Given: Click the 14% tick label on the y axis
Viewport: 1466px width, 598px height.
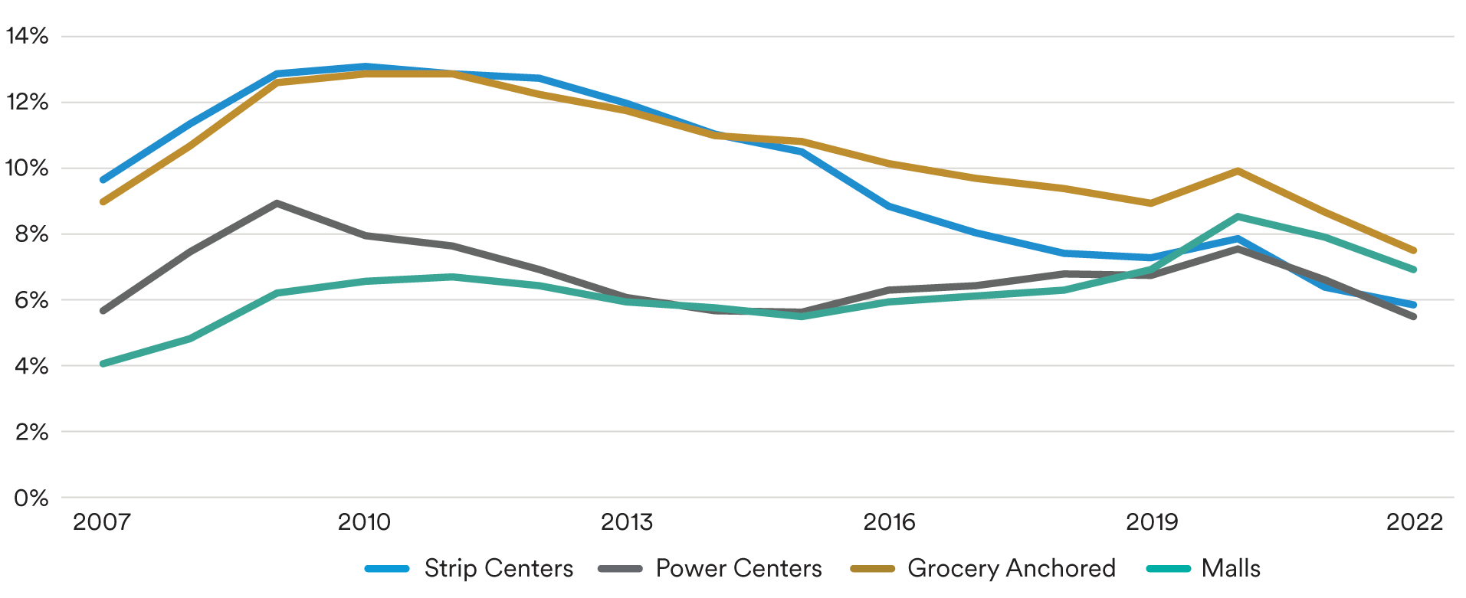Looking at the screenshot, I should point(28,36).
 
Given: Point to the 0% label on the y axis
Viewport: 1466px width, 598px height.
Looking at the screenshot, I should point(31,498).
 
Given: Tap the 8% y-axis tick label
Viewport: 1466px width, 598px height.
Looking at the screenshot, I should point(31,234).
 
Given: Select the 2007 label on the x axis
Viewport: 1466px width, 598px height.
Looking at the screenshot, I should point(101,522).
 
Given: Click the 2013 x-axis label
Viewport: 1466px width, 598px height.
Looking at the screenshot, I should point(627,522).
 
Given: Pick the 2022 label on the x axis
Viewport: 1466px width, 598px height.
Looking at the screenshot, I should point(1415,522).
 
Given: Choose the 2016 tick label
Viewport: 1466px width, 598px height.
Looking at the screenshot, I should point(889,522).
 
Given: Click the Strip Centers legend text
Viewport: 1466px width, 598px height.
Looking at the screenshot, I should point(498,568).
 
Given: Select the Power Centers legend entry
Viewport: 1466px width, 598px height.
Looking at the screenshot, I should point(739,568).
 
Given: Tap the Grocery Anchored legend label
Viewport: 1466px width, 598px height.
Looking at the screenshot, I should point(1011,568).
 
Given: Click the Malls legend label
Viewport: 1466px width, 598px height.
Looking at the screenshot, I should point(1231,568).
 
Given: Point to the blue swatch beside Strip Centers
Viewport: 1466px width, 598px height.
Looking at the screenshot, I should point(387,569).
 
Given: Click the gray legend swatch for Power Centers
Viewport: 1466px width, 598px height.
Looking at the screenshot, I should point(620,569).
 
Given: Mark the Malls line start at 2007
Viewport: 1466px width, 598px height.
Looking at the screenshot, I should point(103,364).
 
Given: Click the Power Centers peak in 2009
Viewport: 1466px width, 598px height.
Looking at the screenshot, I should point(277,204).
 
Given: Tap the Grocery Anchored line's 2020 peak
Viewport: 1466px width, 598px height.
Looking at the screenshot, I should point(1238,171).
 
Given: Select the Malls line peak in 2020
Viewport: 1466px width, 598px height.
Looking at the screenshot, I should point(1238,217).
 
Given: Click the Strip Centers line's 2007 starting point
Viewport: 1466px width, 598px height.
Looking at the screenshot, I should point(103,180).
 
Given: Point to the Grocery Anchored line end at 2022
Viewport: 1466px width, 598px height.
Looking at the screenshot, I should point(1414,250).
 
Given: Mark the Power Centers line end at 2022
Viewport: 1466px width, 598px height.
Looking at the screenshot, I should point(1414,316).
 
